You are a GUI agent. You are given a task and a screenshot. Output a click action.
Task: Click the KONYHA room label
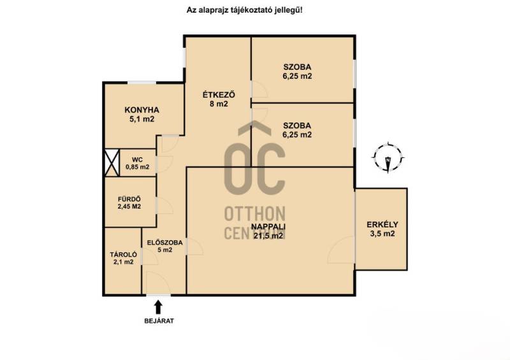click(x=142, y=110)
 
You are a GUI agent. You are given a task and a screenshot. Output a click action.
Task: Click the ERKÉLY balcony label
click(x=382, y=225)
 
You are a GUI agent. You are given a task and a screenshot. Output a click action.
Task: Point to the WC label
click(x=137, y=160)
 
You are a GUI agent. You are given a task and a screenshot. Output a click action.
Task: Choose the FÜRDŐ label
click(x=129, y=199)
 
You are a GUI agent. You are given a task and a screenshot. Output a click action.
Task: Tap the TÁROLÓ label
click(x=123, y=255)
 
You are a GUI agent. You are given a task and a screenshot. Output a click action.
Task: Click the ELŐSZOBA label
click(x=164, y=243)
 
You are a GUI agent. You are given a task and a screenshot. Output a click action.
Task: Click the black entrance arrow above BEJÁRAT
click(x=158, y=306)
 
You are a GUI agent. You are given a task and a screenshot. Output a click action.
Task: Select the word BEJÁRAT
click(x=159, y=321)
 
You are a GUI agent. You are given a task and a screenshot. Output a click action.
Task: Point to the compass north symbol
click(x=388, y=158)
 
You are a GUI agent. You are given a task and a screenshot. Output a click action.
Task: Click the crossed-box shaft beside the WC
click(x=112, y=163)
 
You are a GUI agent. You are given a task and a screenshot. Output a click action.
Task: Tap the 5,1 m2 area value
click(x=142, y=119)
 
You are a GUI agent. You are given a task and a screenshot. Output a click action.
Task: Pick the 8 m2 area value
click(x=219, y=104)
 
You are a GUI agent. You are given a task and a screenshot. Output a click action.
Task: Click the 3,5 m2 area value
click(x=382, y=233)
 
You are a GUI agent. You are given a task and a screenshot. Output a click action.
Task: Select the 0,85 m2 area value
click(x=137, y=167)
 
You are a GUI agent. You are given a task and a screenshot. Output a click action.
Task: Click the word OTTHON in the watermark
click(x=254, y=213)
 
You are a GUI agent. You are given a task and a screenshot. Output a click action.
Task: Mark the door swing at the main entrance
click(x=157, y=282)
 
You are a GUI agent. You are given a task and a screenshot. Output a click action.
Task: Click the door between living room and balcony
click(x=341, y=250)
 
